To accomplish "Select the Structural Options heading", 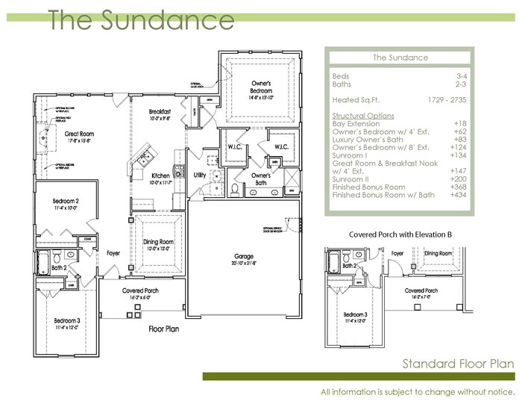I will pos(363,116).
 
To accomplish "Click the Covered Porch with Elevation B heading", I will pos(399,234).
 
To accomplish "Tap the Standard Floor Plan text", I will pos(458,364).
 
